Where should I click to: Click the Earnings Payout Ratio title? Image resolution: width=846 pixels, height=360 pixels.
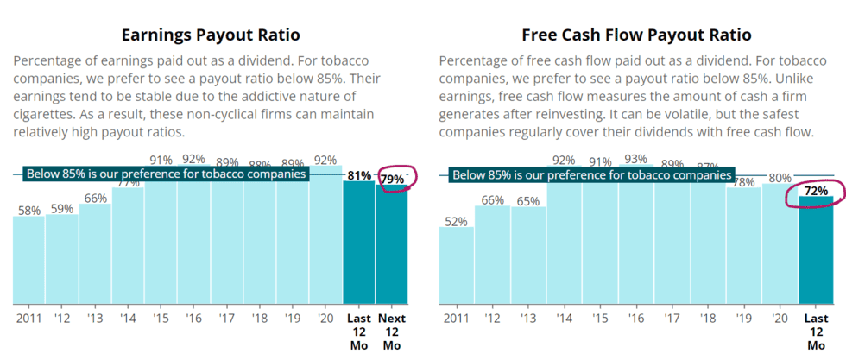click(x=211, y=35)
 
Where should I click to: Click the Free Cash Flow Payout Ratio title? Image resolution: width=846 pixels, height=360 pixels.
click(x=636, y=35)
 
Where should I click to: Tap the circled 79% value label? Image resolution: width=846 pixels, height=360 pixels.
click(x=392, y=179)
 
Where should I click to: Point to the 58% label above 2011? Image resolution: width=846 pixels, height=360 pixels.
click(x=28, y=210)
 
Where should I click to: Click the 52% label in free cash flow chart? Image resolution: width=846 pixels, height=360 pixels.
click(x=456, y=221)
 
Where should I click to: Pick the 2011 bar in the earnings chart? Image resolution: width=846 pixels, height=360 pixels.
click(x=28, y=259)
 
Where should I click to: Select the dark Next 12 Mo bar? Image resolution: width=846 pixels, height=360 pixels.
click(x=392, y=246)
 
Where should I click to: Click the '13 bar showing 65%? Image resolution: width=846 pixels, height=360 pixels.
click(x=528, y=255)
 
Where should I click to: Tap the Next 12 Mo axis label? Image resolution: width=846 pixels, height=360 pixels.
click(x=393, y=332)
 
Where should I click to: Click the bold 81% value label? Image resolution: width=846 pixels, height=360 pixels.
click(x=358, y=176)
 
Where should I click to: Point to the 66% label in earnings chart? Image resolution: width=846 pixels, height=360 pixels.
click(x=95, y=198)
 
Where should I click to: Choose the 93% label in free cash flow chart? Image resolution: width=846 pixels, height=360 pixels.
click(x=636, y=159)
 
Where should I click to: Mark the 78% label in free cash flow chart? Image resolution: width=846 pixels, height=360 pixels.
click(x=743, y=183)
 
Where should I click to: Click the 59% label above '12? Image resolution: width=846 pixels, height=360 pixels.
click(x=61, y=208)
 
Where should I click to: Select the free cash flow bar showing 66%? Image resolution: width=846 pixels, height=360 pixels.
click(x=492, y=255)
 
